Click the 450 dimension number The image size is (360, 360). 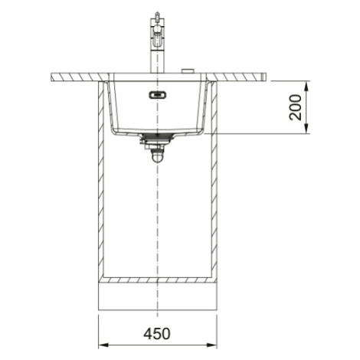pyautogui.click(x=157, y=334)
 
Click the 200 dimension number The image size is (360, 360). pyautogui.click(x=295, y=107)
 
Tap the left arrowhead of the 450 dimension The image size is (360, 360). pyautogui.click(x=103, y=345)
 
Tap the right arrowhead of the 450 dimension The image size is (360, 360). pyautogui.click(x=211, y=345)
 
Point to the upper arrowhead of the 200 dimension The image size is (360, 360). pyautogui.click(x=306, y=86)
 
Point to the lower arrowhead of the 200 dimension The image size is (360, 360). pyautogui.click(x=306, y=129)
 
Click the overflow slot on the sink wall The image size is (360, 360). pyautogui.click(x=158, y=95)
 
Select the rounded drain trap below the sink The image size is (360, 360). pyautogui.click(x=156, y=156)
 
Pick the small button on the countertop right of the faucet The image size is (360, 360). pyautogui.click(x=188, y=70)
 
